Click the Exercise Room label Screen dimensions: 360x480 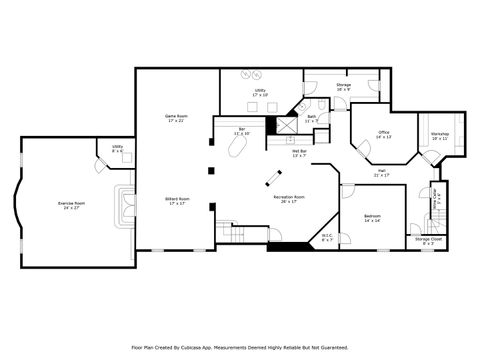tap(72, 204)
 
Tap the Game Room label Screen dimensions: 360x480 tap(177, 116)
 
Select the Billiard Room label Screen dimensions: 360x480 tap(177, 200)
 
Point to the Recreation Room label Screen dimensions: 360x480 tap(289, 197)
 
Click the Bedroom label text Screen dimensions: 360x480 tap(372, 217)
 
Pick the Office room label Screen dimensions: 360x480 tap(383, 133)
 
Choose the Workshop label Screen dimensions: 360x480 tap(440, 133)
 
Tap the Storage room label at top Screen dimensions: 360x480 tap(343, 86)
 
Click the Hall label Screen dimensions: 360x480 tap(382, 172)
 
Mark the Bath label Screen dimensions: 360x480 tap(311, 117)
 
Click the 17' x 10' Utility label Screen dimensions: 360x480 tap(260, 91)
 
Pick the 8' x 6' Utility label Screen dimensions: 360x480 tap(117, 147)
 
